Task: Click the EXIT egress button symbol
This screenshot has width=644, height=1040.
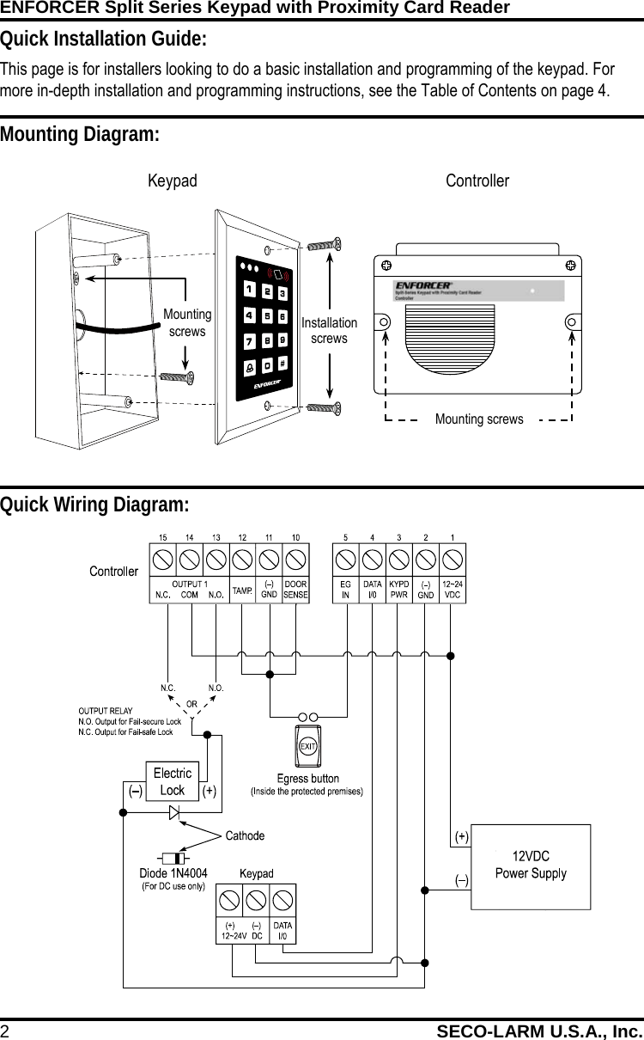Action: [x=307, y=745]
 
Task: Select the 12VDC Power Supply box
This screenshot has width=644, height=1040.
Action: [x=531, y=865]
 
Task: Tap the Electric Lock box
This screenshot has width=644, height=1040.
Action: [x=172, y=781]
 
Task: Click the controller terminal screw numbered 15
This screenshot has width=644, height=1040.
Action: [x=162, y=560]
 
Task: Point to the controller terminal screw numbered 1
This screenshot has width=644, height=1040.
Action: [x=453, y=560]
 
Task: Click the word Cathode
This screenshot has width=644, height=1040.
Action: [x=245, y=835]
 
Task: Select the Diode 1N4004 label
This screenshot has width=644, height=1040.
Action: [x=173, y=874]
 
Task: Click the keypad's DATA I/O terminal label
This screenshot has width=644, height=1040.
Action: [x=283, y=930]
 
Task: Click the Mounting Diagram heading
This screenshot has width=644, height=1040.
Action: [x=80, y=135]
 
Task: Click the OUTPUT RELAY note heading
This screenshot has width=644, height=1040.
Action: [x=106, y=711]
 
